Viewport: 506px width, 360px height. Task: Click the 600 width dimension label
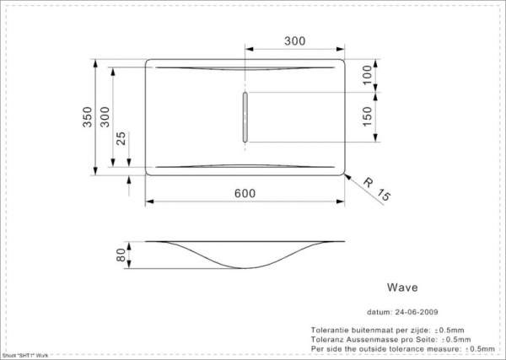pyautogui.click(x=245, y=192)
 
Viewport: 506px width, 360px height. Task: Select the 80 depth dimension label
pyautogui.click(x=121, y=255)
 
